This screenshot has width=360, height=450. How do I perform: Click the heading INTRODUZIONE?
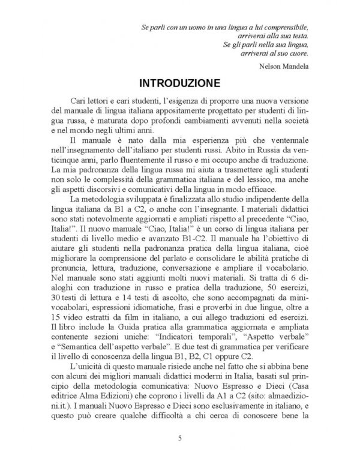179,82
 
